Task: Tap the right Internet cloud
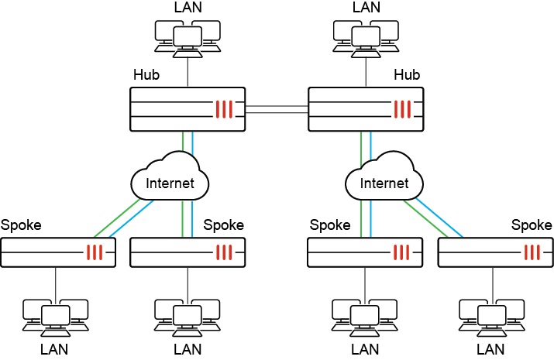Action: (384, 183)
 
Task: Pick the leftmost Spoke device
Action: (58, 252)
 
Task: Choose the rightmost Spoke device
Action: (495, 252)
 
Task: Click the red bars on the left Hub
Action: (224, 109)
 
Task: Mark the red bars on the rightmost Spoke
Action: (532, 252)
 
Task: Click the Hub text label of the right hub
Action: (407, 75)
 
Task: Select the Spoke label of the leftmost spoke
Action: (21, 225)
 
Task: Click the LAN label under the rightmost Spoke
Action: (491, 350)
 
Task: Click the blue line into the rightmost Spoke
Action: (439, 217)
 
